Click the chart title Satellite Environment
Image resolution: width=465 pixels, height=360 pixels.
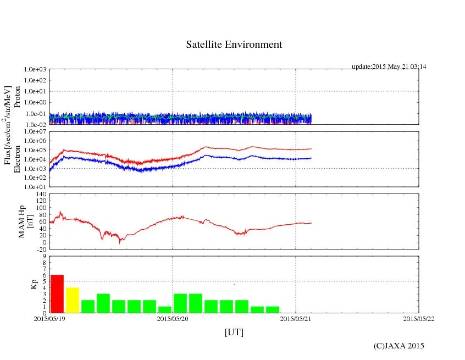(x=234, y=45)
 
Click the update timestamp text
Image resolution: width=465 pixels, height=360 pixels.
(x=389, y=67)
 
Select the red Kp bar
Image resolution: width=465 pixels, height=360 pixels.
(x=57, y=293)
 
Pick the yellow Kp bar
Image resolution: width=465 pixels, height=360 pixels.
(x=73, y=300)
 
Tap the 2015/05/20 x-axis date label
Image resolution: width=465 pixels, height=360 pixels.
(x=173, y=318)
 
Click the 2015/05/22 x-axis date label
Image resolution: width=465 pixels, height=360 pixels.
(x=419, y=318)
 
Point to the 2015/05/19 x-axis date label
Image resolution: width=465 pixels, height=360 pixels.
(x=49, y=318)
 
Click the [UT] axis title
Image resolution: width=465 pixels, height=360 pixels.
(x=234, y=332)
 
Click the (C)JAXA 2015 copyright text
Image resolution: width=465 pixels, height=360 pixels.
(x=398, y=346)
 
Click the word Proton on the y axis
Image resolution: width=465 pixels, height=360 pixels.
(x=17, y=97)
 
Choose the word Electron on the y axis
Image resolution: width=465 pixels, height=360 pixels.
(x=17, y=159)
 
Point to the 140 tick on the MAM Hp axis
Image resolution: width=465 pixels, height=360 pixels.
(x=41, y=194)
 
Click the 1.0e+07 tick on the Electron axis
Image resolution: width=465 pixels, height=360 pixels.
(x=36, y=132)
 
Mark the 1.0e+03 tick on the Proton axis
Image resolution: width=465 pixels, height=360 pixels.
(x=36, y=70)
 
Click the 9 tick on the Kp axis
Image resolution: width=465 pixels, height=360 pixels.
(x=45, y=256)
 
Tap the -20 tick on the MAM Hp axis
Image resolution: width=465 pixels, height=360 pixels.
(x=41, y=249)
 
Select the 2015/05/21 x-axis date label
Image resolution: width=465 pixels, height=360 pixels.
(x=296, y=318)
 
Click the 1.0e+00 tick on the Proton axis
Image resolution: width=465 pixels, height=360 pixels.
(x=36, y=102)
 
